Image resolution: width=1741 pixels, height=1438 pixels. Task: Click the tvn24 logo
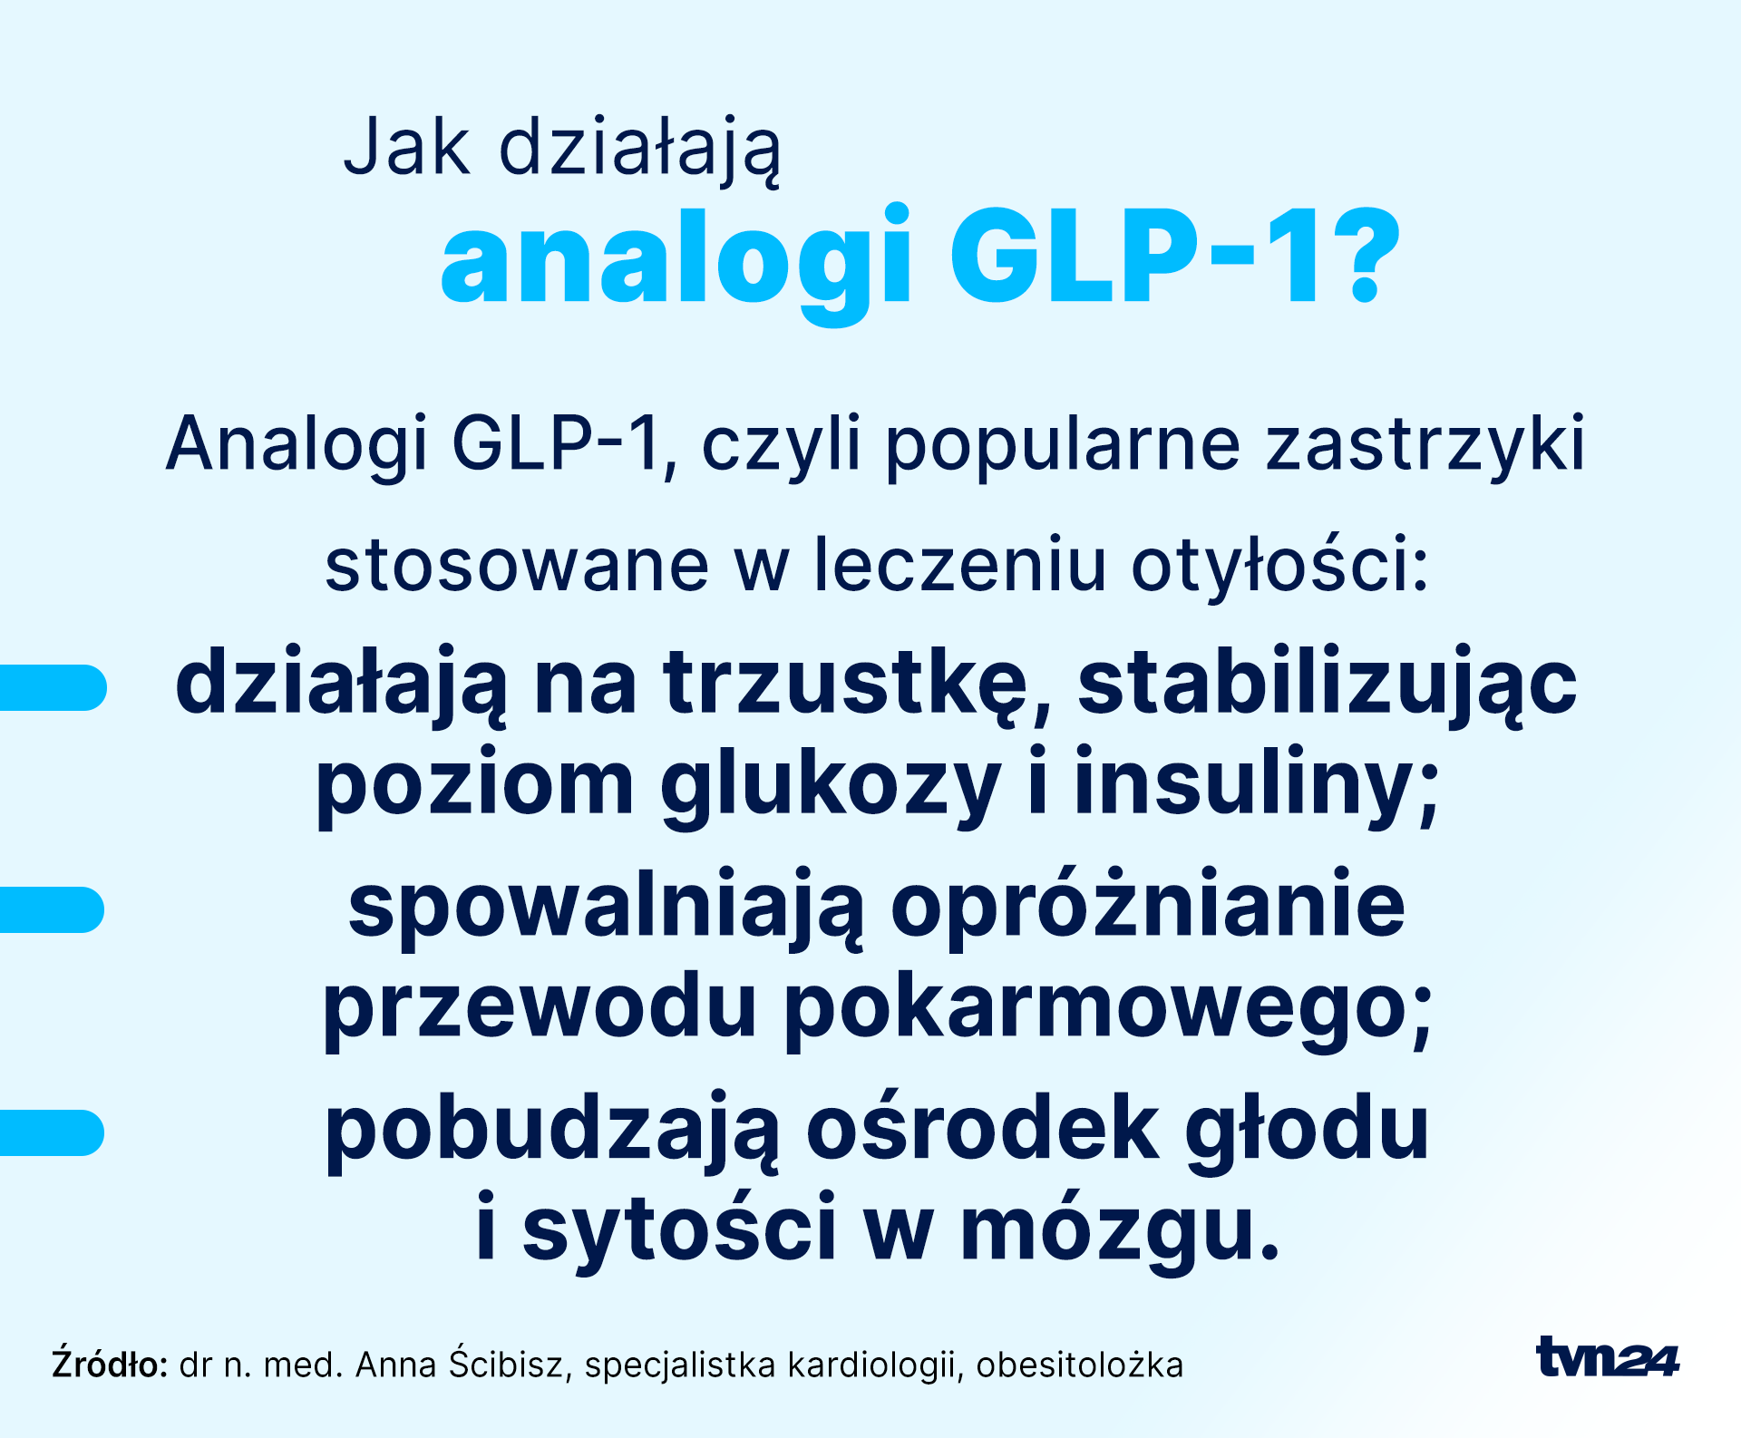point(1608,1357)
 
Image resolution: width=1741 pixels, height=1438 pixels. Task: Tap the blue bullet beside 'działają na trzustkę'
point(53,687)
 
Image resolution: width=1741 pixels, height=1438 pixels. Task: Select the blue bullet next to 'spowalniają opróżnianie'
point(53,909)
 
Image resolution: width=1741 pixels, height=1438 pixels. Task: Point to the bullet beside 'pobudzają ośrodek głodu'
point(53,1132)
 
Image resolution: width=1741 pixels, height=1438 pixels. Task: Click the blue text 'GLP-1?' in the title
point(1176,256)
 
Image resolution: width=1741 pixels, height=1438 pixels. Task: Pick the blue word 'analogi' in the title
point(676,263)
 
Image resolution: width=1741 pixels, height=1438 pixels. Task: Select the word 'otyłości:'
point(1279,567)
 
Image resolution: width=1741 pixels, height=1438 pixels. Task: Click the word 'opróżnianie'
point(1148,909)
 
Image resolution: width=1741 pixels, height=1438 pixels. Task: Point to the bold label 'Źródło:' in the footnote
point(110,1364)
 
